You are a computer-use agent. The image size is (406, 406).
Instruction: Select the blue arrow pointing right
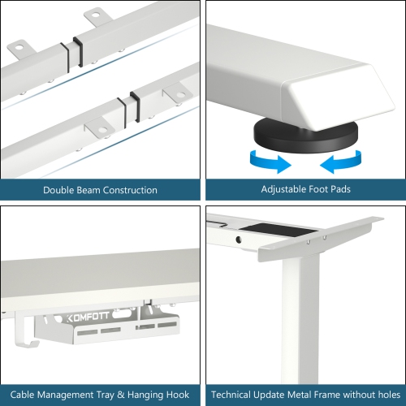coord(270,162)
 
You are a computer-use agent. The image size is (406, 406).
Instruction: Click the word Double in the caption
coord(63,190)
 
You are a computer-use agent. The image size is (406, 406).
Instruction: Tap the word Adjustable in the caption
coord(287,190)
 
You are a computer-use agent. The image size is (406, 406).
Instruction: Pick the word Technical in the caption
coord(235,395)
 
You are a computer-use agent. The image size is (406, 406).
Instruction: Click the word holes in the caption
coord(385,395)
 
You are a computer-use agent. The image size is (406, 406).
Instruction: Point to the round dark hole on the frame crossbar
coord(239,240)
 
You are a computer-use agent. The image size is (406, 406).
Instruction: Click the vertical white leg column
coord(296,325)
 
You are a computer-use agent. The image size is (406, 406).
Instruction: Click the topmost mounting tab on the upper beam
coord(97,15)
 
